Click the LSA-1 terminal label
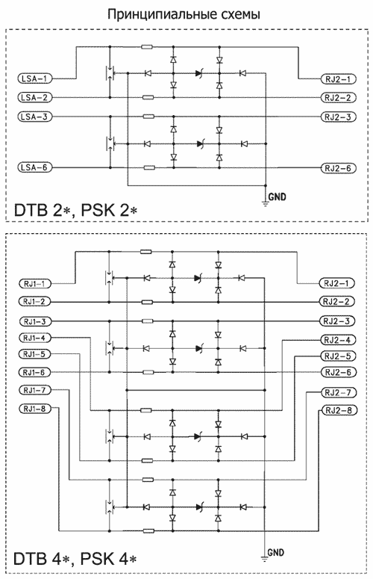34,78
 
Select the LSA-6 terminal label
34,167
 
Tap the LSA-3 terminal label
34,117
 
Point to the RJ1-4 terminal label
34,338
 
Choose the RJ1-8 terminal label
34,409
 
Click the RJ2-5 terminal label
338,356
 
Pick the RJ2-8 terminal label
339,410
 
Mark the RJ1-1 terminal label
34,284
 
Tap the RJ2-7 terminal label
339,392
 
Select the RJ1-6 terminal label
34,372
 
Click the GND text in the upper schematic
277,196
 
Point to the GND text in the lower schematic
276,552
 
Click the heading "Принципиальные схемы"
184,14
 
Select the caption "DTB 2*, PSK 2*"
75,210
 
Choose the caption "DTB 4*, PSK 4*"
75,559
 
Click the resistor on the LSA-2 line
148,97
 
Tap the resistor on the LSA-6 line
148,167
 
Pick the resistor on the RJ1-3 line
148,321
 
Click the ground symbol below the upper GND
265,202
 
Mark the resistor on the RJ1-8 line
148,531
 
